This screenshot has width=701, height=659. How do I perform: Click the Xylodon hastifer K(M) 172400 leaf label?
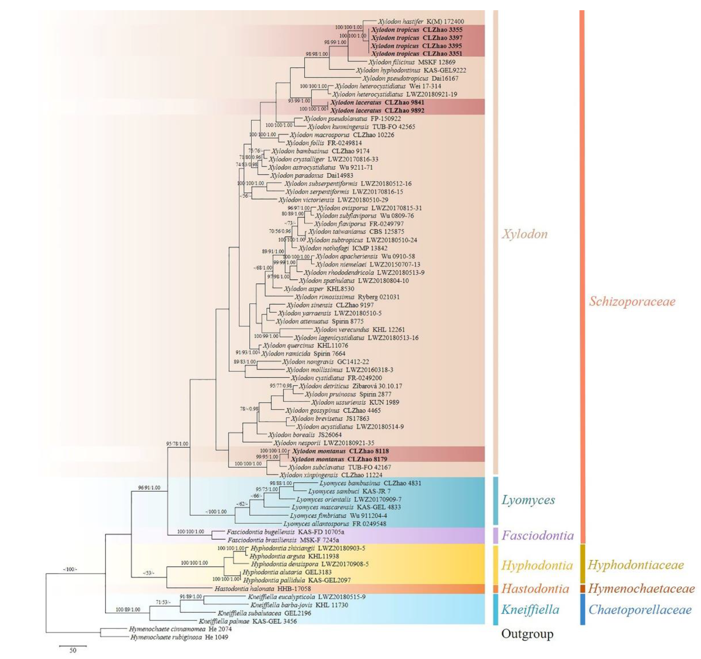click(x=421, y=22)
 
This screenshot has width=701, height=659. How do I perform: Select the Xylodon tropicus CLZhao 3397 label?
click(x=416, y=38)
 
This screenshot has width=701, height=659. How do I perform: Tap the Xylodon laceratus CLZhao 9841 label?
click(x=377, y=103)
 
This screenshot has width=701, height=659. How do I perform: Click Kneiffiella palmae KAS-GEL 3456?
click(x=247, y=621)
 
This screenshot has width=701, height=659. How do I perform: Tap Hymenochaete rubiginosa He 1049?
click(x=179, y=637)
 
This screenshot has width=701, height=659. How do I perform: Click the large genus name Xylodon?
click(x=525, y=234)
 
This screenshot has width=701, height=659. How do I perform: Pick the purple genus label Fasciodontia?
click(x=537, y=536)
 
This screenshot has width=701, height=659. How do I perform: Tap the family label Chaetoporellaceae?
click(x=640, y=610)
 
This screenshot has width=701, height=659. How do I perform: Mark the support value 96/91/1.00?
click(x=149, y=488)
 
